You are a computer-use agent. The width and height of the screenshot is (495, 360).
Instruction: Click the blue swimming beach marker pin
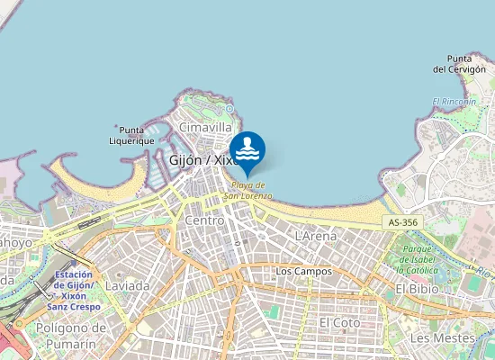click(247, 149)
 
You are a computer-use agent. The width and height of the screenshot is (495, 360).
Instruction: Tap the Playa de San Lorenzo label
click(247, 190)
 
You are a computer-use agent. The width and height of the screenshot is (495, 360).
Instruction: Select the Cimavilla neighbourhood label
click(205, 128)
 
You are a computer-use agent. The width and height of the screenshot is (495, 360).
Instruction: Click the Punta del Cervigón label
click(460, 63)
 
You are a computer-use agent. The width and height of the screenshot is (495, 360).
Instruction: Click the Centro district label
click(203, 220)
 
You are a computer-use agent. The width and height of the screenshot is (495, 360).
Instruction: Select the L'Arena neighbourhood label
click(316, 236)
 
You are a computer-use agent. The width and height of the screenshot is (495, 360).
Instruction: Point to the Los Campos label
click(303, 271)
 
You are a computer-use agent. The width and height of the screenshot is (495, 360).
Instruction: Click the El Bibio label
click(417, 289)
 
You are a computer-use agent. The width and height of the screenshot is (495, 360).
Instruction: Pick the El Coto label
click(339, 321)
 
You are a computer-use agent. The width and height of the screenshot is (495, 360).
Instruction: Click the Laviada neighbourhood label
click(128, 285)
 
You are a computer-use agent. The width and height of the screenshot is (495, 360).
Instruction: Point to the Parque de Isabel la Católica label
click(418, 259)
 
